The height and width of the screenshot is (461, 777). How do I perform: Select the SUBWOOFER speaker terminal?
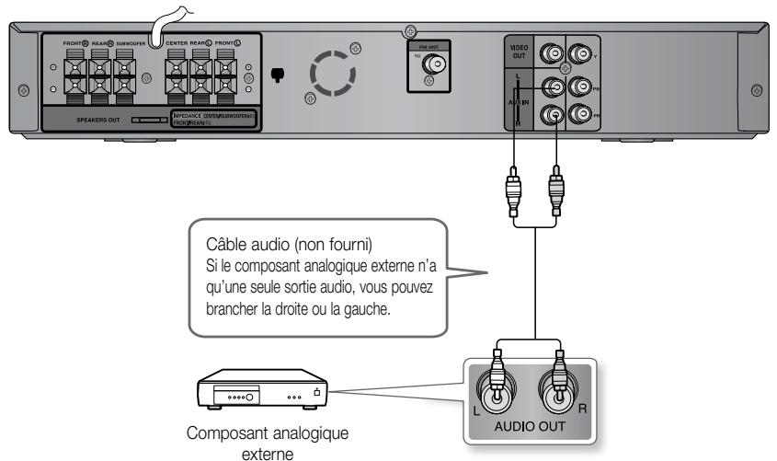coord(127,75)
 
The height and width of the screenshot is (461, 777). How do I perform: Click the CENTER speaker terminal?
coord(177,75)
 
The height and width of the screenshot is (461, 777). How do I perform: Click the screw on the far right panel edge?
coord(758,89)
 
